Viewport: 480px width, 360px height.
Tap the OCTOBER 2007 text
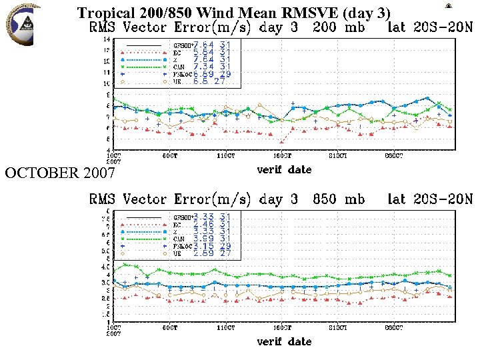60,174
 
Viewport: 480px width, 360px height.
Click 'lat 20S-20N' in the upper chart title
430,29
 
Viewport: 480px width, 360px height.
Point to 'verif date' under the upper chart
284,169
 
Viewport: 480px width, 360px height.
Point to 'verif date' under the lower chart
284,341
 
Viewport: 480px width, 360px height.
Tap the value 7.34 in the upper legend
203,67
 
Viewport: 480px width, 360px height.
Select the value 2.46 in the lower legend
203,224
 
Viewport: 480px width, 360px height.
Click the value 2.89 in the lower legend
203,254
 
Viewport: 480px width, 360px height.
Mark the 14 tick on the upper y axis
106,39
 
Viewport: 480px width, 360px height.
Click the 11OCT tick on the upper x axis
226,155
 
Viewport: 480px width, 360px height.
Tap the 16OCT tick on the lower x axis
282,327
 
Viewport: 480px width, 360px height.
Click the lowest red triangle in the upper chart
282,142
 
